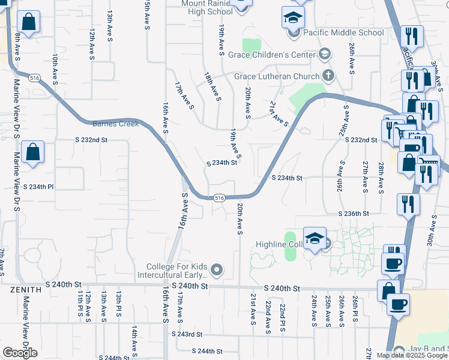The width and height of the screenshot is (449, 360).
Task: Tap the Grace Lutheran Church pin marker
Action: [328, 76]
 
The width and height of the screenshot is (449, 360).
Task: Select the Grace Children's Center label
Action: [271, 55]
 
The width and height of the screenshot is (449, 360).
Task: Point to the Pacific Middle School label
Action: [343, 32]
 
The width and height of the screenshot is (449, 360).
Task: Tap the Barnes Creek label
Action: [116, 124]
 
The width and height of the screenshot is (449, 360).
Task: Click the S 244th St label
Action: [207, 351]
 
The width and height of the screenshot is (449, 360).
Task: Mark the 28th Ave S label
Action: [381, 177]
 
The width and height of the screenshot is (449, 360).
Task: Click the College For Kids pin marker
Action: [217, 271]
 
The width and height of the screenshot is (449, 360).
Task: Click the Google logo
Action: [20, 353]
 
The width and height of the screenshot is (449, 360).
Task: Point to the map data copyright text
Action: [412, 355]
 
